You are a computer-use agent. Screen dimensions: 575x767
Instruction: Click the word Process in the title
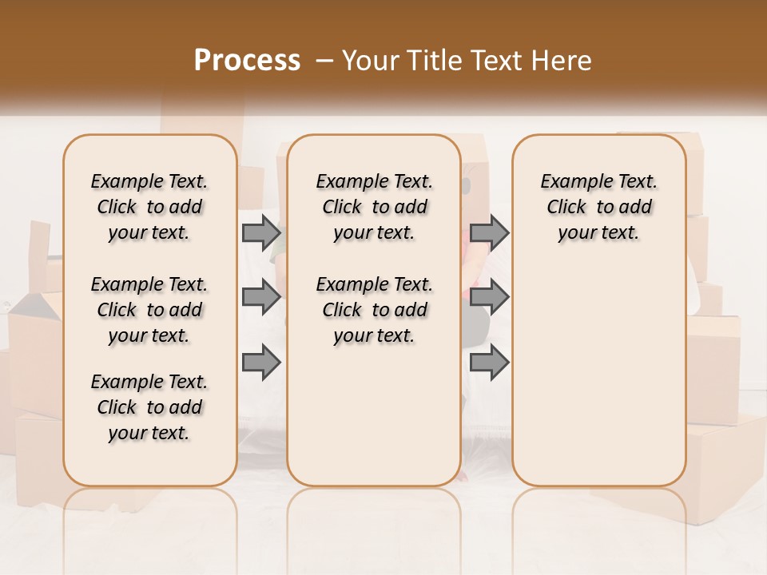pyautogui.click(x=247, y=61)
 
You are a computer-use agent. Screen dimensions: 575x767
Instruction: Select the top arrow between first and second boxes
pyautogui.click(x=261, y=232)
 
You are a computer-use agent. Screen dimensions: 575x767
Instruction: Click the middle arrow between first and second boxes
pyautogui.click(x=261, y=297)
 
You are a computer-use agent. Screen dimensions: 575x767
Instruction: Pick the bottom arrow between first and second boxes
pyautogui.click(x=261, y=363)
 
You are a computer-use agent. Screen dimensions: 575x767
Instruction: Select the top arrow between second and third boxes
pyautogui.click(x=489, y=232)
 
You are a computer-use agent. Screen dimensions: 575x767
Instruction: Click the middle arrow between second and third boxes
pyautogui.click(x=489, y=297)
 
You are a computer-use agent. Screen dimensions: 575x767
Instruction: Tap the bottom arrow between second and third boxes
pyautogui.click(x=489, y=363)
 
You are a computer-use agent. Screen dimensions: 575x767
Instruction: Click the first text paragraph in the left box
pyautogui.click(x=149, y=207)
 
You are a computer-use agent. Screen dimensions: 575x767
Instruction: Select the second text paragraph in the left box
pyautogui.click(x=149, y=310)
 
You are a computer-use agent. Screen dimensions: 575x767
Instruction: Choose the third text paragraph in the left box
pyautogui.click(x=149, y=407)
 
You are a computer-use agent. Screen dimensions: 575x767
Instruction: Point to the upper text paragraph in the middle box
pyautogui.click(x=374, y=207)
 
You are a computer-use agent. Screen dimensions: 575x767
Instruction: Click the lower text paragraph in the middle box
pyautogui.click(x=374, y=310)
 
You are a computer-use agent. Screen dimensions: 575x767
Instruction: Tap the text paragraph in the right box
pyautogui.click(x=598, y=207)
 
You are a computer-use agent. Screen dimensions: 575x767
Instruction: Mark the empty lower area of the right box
pyautogui.click(x=598, y=375)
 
